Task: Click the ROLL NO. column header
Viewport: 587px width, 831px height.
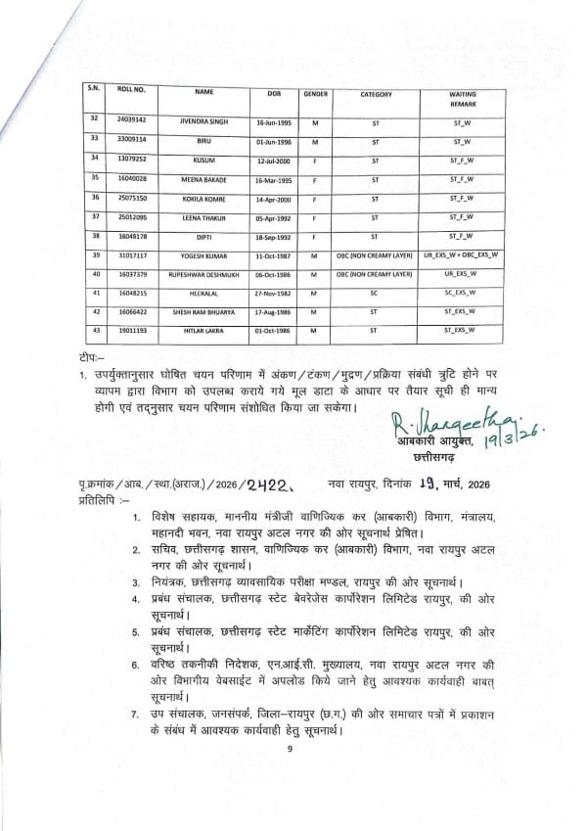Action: pos(131,89)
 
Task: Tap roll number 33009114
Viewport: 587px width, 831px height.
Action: pos(131,139)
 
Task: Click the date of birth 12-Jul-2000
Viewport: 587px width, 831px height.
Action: pos(266,160)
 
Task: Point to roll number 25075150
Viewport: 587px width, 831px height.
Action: pos(131,197)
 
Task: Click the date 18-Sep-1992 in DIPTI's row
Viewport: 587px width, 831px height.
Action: pos(266,236)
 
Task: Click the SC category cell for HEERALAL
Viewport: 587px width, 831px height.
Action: pos(375,294)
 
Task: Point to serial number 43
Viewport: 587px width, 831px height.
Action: pos(94,331)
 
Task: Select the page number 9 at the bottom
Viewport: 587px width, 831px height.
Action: pos(291,776)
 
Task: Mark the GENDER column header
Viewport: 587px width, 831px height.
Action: pos(315,94)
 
